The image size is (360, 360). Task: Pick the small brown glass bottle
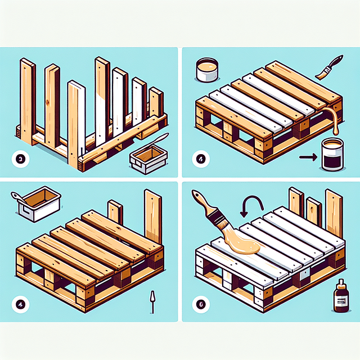[341, 296]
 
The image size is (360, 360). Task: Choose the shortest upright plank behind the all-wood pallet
[115, 213]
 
